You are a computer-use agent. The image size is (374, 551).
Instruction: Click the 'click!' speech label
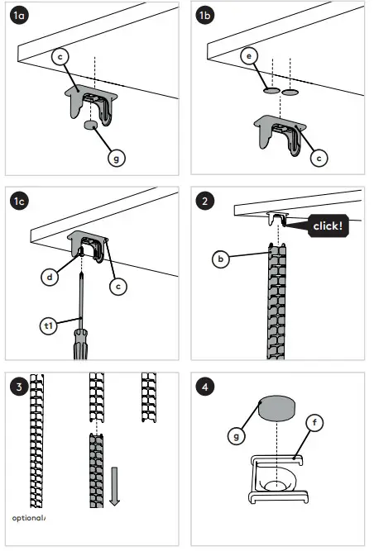coord(328,224)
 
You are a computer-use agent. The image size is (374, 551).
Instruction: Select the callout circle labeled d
coord(51,278)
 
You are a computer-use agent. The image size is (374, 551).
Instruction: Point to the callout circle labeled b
coord(220,259)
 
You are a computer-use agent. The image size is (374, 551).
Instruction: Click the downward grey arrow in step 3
coord(114,487)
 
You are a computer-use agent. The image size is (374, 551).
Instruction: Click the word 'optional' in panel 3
coord(26,518)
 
